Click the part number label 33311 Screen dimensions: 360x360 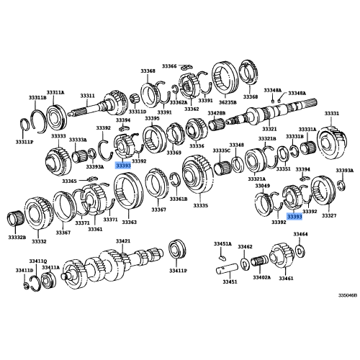(x=87, y=95)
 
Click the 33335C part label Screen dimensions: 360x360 (x=221, y=150)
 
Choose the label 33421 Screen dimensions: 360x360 (x=123, y=241)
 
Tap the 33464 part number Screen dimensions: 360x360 (x=300, y=234)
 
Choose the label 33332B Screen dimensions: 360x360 (x=18, y=237)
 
